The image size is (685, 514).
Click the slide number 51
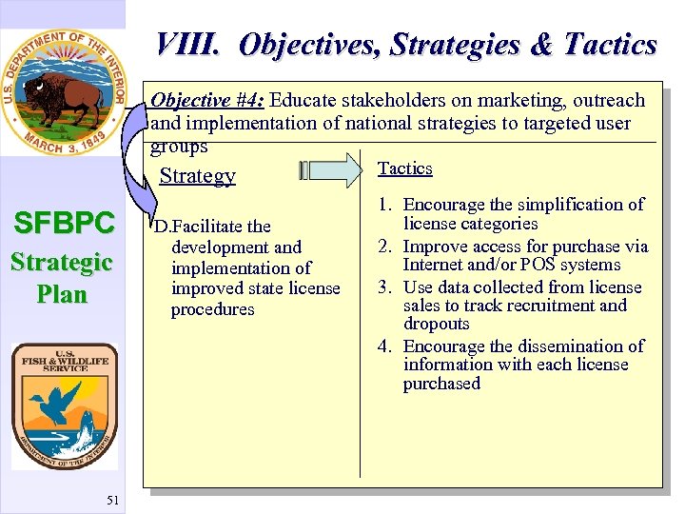pyautogui.click(x=112, y=501)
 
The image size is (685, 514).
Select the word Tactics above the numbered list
pyautogui.click(x=404, y=168)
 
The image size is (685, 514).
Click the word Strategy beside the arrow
pyautogui.click(x=197, y=176)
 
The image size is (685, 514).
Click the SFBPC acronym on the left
pyautogui.click(x=63, y=224)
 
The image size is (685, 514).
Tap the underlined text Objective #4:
pyautogui.click(x=208, y=101)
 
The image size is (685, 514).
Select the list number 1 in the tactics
pyautogui.click(x=384, y=205)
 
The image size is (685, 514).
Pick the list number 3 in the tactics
pyautogui.click(x=384, y=287)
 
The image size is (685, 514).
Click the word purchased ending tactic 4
pyautogui.click(x=441, y=385)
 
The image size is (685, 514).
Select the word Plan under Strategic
pyautogui.click(x=62, y=294)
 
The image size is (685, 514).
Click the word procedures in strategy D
pyautogui.click(x=212, y=310)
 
